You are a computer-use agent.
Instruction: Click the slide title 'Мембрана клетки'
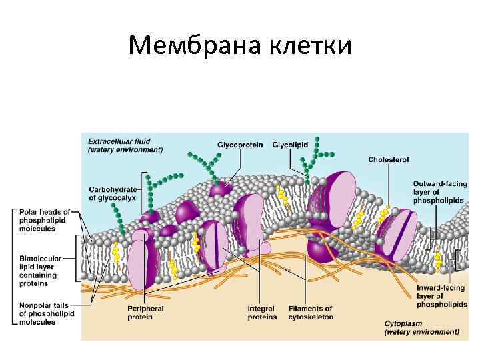point(240,45)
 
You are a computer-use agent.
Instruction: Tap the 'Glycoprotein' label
point(240,144)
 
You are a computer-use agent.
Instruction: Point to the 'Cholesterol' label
point(389,160)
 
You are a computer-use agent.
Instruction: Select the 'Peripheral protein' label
point(146,313)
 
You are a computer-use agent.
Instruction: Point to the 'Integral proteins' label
point(262,313)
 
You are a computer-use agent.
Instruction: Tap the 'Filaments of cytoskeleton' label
point(311,313)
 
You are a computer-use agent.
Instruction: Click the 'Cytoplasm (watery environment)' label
point(421,327)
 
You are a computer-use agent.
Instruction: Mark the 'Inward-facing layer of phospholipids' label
point(437,295)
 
